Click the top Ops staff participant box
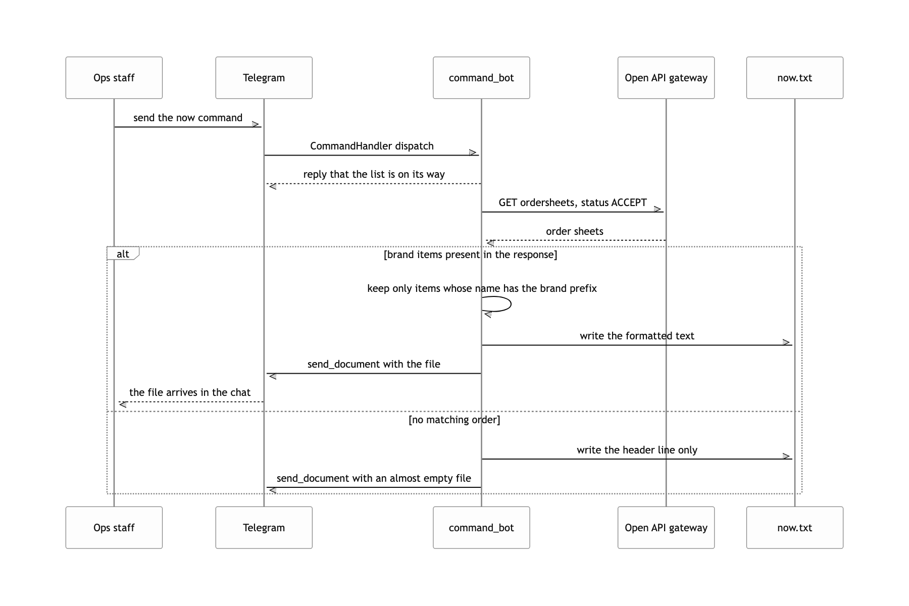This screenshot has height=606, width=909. click(114, 78)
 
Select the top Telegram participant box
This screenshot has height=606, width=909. click(264, 78)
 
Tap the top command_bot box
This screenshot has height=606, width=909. click(481, 78)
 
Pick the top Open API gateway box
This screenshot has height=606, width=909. click(666, 78)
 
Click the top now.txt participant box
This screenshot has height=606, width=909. click(795, 78)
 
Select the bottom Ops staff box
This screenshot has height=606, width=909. click(114, 528)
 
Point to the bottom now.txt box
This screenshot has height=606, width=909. click(795, 528)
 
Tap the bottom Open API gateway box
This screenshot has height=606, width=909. click(666, 528)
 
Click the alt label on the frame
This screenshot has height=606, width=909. click(123, 254)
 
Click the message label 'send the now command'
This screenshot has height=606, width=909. click(188, 118)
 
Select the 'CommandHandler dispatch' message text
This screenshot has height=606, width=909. click(372, 146)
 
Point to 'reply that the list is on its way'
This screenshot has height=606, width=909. click(374, 174)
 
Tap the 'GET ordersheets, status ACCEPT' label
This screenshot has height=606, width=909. click(573, 203)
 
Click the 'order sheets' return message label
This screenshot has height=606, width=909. click(575, 231)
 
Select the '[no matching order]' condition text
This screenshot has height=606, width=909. click(454, 420)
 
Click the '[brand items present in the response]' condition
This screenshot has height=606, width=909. click(471, 255)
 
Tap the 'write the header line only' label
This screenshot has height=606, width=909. click(637, 450)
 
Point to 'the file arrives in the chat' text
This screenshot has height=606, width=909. click(190, 392)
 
